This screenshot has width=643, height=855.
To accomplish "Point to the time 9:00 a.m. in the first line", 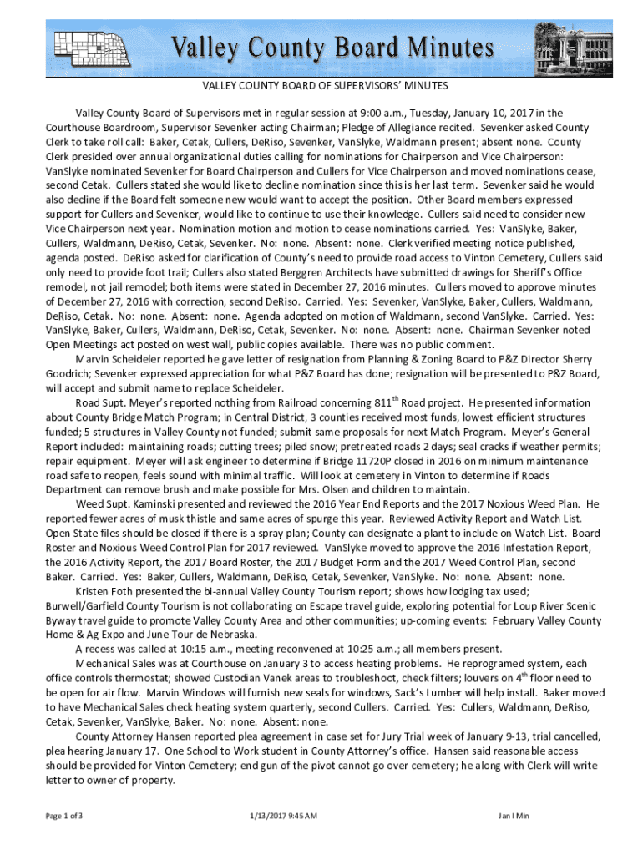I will pyautogui.click(x=380, y=113).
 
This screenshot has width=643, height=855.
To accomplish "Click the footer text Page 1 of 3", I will pyautogui.click(x=64, y=815).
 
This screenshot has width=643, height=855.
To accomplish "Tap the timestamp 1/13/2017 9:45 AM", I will pyautogui.click(x=284, y=815).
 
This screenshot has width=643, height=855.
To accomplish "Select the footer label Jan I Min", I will pyautogui.click(x=514, y=815).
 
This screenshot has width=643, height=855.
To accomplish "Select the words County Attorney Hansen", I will pyautogui.click(x=128, y=737).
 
